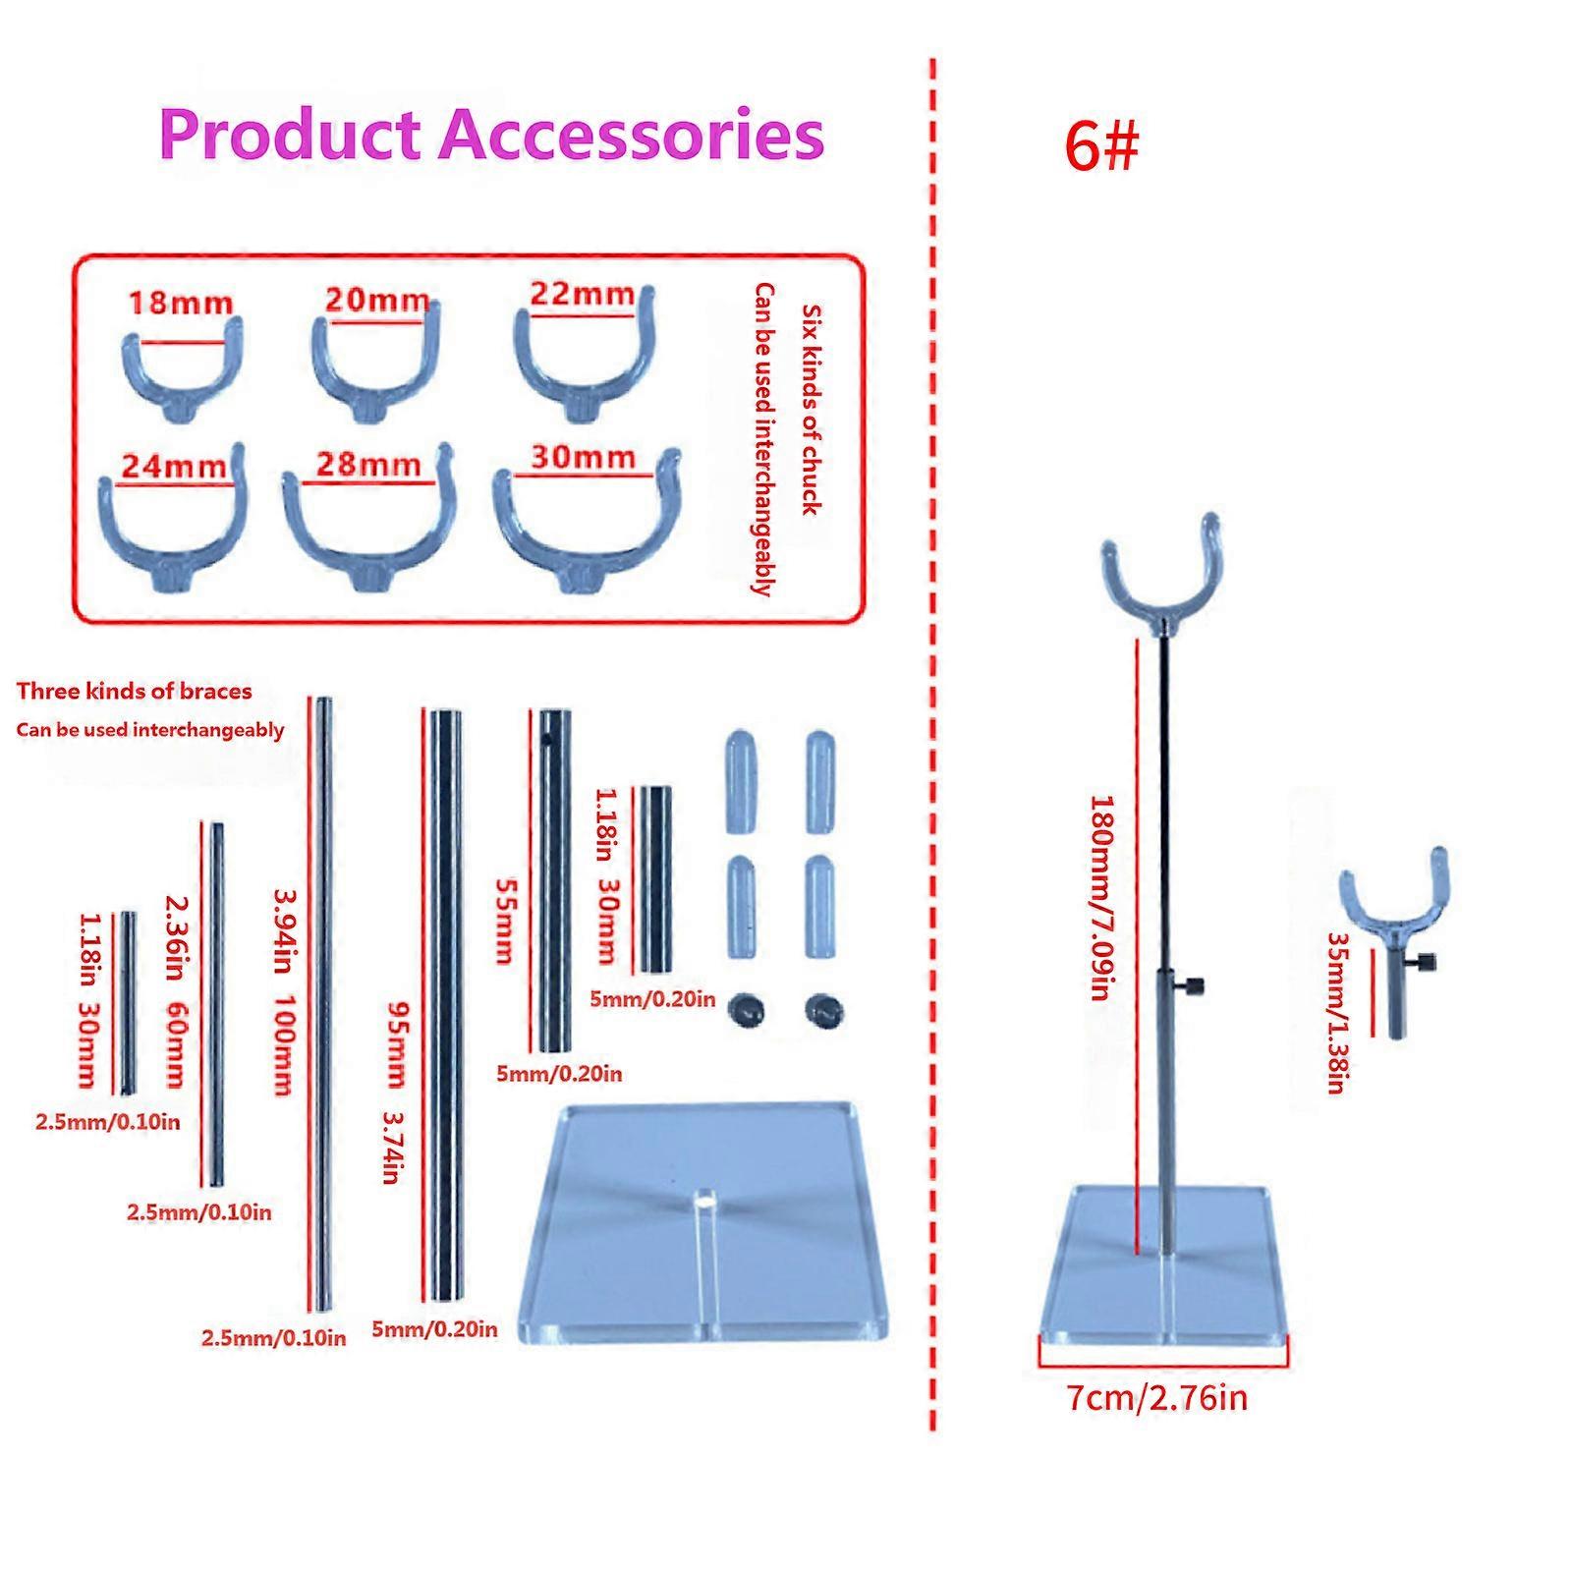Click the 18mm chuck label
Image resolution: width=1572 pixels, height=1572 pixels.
pos(181,302)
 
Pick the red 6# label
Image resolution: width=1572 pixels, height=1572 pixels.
pos(1101,147)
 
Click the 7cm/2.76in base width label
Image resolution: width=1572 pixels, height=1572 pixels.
pos(1157,1396)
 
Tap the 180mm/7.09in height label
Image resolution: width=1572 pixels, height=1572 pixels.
pos(1103,897)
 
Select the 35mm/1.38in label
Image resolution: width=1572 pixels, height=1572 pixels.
pos(1336,1013)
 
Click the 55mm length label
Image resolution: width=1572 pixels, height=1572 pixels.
pos(502,920)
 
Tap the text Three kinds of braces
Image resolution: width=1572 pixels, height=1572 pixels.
pos(135,691)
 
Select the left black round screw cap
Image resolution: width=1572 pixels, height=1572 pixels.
pos(746,1010)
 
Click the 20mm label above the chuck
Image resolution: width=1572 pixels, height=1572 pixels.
pos(377,299)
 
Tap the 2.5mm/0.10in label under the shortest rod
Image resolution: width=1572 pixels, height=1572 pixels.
pos(108,1121)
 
